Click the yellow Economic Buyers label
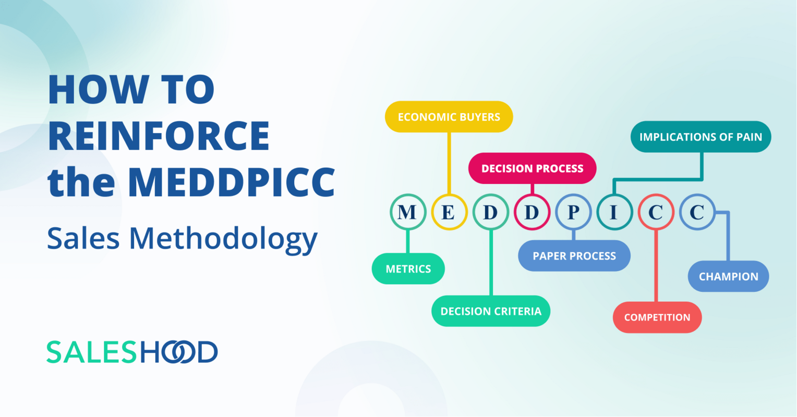coord(449,117)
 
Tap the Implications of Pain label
coord(701,137)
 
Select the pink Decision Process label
coord(532,168)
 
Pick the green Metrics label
coord(408,269)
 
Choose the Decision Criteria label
coord(491,311)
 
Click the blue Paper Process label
coord(574,256)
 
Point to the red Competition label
coord(657,317)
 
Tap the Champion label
coord(728,276)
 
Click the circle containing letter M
coord(407,212)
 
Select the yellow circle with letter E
coord(449,212)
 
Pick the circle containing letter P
coord(573,212)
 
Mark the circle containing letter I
coord(614,212)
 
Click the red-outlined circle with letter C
coord(656,212)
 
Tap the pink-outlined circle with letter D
coord(532,212)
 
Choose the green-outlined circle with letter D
coord(490,212)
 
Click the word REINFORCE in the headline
coord(159,136)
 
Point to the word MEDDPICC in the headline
coord(231,182)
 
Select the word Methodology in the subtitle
coord(223,239)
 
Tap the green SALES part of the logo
coord(92,352)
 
